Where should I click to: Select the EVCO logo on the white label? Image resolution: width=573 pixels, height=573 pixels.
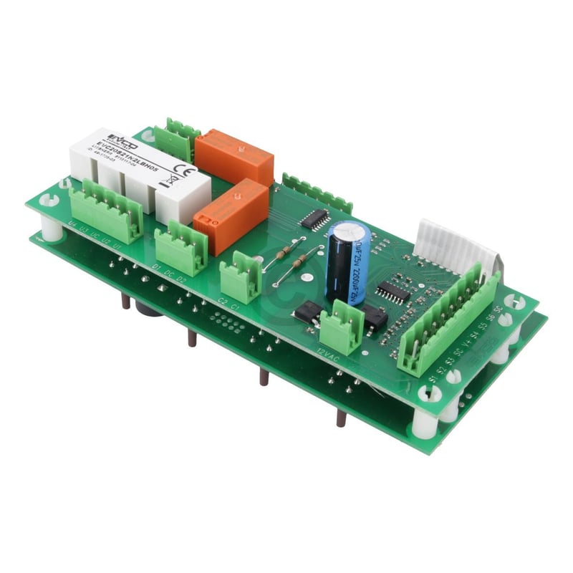(x=117, y=137)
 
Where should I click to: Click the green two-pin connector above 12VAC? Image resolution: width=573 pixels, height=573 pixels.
(x=340, y=327)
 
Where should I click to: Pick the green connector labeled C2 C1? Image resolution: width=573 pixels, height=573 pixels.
(x=241, y=277)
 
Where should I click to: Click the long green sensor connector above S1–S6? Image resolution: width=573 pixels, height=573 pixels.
(x=450, y=319)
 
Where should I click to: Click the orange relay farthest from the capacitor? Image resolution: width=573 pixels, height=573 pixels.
(x=234, y=155)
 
